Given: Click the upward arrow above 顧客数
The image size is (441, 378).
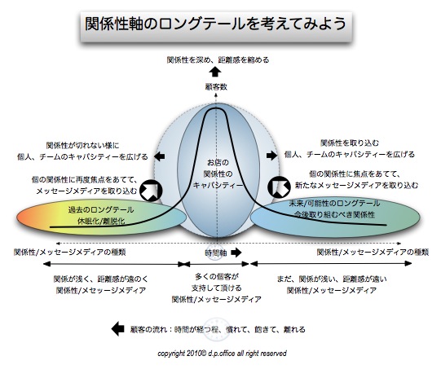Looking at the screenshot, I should pyautogui.click(x=218, y=73).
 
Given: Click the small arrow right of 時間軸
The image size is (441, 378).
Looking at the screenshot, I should pyautogui.click(x=238, y=253).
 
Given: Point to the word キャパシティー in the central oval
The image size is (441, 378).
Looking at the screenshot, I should pyautogui.click(x=218, y=185).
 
